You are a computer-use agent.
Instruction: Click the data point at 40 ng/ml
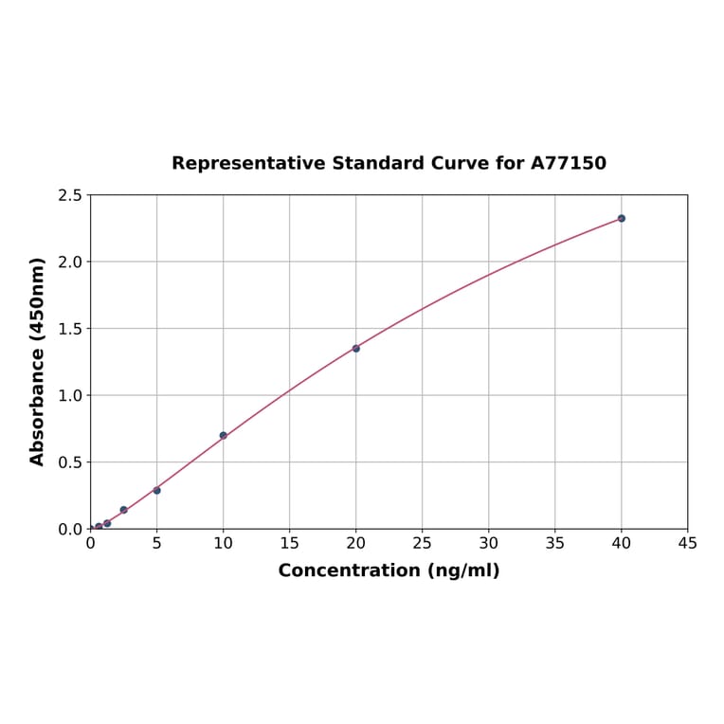(622, 218)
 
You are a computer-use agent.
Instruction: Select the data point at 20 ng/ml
(356, 349)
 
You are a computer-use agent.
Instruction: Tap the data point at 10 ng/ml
(224, 436)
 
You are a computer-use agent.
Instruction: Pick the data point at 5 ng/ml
(156, 490)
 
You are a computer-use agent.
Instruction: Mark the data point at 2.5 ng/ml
(123, 510)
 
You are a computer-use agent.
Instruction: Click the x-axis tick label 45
(688, 544)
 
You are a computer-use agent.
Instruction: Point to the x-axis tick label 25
(423, 544)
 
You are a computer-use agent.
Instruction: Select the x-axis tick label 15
(290, 544)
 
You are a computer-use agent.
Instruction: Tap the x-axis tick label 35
(555, 544)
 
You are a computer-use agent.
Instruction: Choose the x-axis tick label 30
(489, 544)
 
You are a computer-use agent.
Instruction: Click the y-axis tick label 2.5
(70, 195)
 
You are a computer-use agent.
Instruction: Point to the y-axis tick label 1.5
(70, 329)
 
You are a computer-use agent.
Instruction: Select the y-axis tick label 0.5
(70, 462)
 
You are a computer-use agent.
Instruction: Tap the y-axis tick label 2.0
(70, 262)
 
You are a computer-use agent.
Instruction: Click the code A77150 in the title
(568, 164)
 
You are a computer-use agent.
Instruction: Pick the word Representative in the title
(248, 164)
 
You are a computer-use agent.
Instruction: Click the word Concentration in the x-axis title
(349, 570)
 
